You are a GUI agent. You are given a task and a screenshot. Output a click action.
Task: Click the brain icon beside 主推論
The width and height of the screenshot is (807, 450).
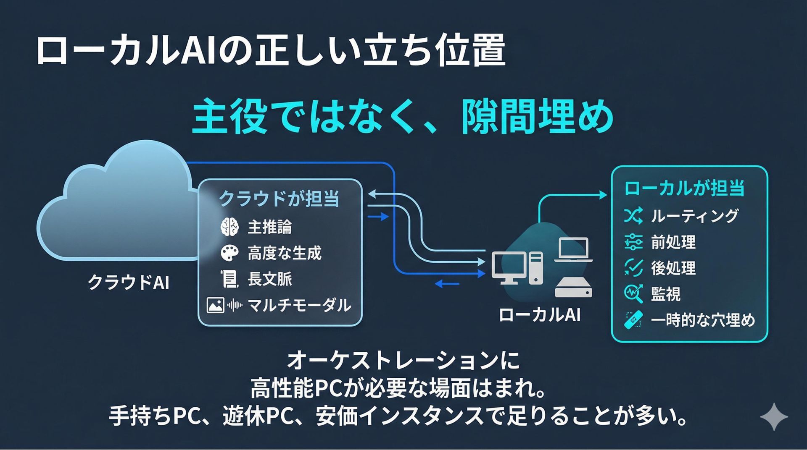(229, 227)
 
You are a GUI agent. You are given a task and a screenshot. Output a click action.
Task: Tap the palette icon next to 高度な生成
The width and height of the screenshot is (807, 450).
(229, 253)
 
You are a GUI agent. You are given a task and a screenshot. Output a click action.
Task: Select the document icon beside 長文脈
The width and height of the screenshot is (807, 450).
(229, 279)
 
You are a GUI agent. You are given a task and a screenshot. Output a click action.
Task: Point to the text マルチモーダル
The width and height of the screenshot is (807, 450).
(299, 305)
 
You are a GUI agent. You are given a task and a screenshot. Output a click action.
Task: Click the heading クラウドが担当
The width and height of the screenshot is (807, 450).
(279, 198)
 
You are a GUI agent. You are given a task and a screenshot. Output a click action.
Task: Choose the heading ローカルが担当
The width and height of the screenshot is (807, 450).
(684, 188)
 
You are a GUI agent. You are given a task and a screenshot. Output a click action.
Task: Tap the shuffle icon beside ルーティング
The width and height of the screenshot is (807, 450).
(633, 216)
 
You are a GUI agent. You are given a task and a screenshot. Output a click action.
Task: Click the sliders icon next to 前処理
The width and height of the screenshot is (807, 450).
(633, 242)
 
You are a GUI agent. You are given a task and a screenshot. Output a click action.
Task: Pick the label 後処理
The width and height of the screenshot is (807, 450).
(673, 268)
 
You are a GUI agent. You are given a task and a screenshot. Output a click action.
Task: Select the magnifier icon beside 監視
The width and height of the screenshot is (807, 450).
(633, 294)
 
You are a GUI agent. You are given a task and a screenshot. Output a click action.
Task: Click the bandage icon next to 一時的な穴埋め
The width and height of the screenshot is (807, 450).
(633, 320)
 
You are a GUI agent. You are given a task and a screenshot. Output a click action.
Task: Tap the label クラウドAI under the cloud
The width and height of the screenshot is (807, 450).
(129, 282)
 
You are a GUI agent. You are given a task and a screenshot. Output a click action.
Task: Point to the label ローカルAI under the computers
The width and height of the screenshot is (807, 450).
(540, 315)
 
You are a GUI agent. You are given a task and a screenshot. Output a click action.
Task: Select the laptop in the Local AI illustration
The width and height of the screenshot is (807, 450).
(573, 250)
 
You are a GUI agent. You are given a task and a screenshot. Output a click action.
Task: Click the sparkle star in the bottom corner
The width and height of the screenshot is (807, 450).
(774, 417)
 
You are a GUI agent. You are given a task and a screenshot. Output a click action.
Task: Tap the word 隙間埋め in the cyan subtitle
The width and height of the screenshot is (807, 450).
(537, 116)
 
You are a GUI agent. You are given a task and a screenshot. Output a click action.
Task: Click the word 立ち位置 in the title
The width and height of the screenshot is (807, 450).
(433, 51)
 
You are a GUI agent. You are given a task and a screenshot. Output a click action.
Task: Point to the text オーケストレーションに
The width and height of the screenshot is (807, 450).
(403, 361)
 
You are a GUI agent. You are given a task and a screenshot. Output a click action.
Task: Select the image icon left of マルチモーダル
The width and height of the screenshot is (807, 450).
(215, 305)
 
